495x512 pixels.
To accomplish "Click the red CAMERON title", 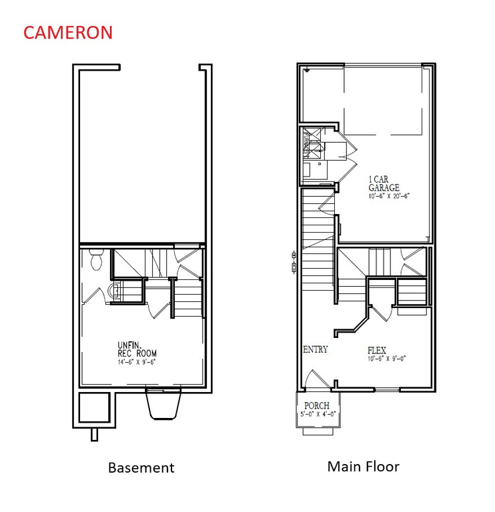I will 68,33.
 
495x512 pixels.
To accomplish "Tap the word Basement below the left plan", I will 141,467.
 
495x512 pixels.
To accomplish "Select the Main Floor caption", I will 363,466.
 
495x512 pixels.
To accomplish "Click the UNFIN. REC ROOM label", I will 137,349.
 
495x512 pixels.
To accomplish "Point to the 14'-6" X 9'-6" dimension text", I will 137,361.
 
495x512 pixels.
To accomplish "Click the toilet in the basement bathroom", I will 95,260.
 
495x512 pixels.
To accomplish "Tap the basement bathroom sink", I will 113,291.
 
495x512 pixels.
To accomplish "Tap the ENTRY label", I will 316,350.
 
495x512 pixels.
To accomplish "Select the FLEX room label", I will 377,350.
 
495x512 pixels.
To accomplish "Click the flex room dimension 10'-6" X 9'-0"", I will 387,359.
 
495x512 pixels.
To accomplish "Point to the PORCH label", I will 317,405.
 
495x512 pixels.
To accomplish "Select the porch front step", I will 317,431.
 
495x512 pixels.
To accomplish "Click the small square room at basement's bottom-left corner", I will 93,407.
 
